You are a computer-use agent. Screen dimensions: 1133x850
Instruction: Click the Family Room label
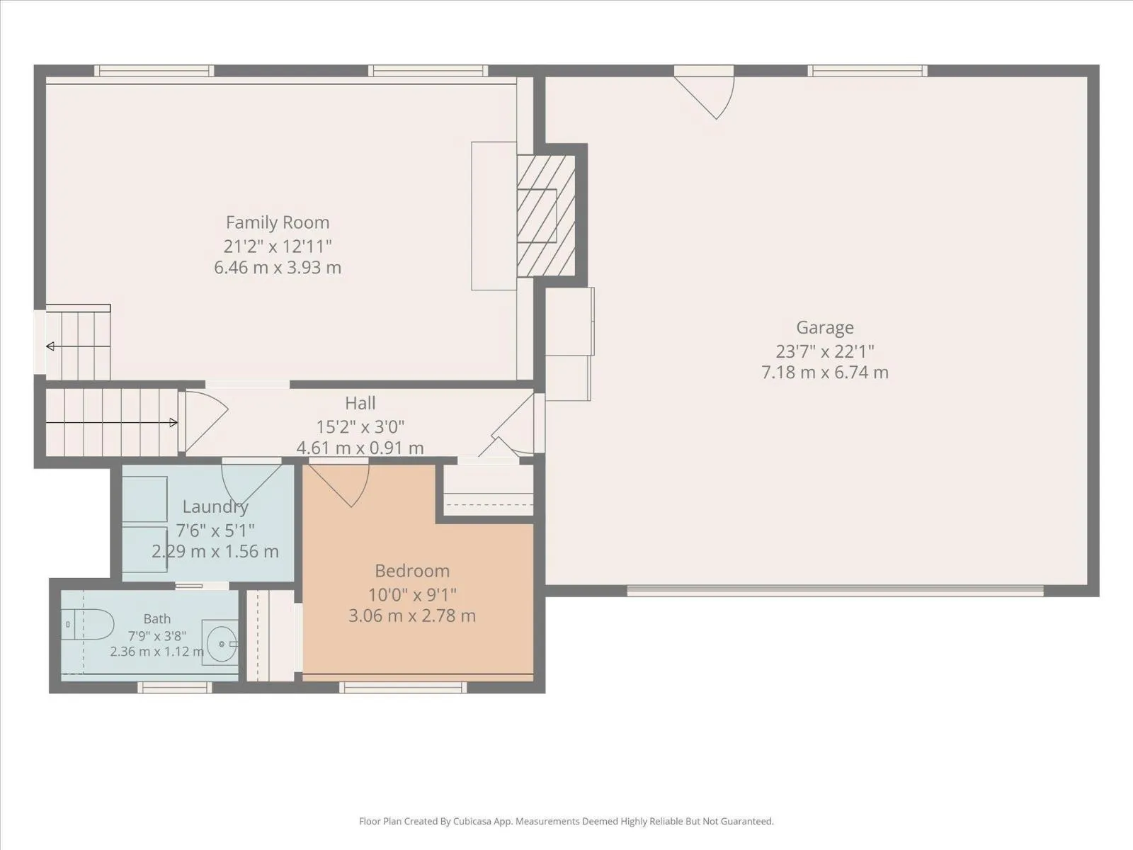point(278,222)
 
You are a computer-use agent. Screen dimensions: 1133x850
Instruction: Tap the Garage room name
point(825,328)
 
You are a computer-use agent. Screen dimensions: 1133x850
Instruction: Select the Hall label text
point(360,403)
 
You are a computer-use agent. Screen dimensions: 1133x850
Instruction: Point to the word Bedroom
point(412,571)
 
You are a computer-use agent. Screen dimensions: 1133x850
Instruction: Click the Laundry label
point(215,507)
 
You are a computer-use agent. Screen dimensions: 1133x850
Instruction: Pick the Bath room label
point(157,619)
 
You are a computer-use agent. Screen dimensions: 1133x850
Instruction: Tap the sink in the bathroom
point(220,643)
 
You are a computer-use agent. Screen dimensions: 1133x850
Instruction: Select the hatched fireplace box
point(546,216)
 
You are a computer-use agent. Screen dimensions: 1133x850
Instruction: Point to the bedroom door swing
point(340,486)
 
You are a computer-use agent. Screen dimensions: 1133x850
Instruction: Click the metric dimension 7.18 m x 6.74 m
point(825,373)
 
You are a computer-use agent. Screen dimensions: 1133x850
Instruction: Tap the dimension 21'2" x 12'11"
point(278,246)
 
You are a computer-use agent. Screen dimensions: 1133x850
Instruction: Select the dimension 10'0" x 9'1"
point(412,596)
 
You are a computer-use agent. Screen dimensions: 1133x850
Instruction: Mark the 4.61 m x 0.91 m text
point(360,448)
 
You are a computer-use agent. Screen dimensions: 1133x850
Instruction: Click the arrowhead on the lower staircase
point(174,423)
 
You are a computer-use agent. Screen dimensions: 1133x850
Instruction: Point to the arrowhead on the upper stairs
point(50,346)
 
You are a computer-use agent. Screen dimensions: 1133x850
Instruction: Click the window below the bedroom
point(403,687)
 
